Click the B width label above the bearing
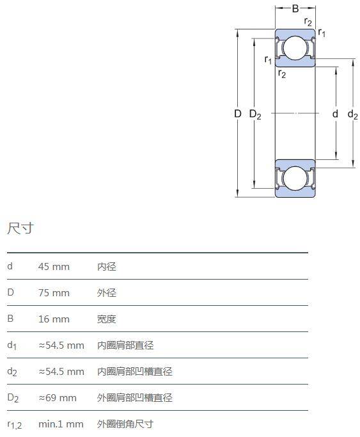click(x=295, y=9)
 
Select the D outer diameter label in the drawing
click(x=237, y=114)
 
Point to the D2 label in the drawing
click(x=255, y=115)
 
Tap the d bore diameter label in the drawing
click(x=335, y=114)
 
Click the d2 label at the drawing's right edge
click(x=352, y=115)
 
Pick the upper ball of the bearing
click(x=295, y=48)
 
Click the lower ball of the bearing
click(x=295, y=179)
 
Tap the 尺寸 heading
click(x=20, y=228)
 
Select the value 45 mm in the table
click(x=54, y=267)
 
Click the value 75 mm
click(x=54, y=293)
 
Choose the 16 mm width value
click(x=54, y=319)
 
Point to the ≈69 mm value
click(x=58, y=398)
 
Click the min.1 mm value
click(x=61, y=424)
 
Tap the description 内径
click(x=107, y=267)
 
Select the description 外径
click(x=107, y=293)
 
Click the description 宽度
click(x=107, y=319)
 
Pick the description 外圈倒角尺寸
click(x=125, y=424)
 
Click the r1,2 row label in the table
click(x=15, y=425)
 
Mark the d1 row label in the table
click(x=12, y=346)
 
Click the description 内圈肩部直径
click(x=125, y=346)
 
